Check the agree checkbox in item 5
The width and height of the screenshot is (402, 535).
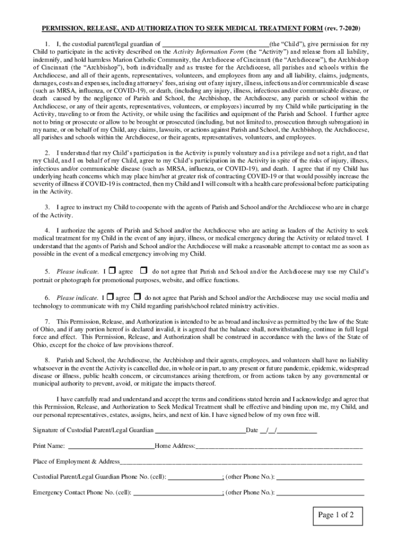tap(113, 271)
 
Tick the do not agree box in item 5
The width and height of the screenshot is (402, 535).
tap(144, 271)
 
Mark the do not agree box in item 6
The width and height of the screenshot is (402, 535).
tap(137, 297)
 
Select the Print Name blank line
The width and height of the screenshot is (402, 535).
tap(111, 447)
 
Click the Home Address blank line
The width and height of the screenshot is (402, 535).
tap(279, 447)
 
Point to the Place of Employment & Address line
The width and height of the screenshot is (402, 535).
tap(241, 463)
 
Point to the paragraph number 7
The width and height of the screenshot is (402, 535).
tap(48, 321)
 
